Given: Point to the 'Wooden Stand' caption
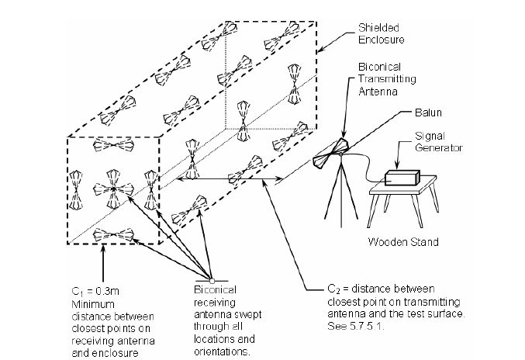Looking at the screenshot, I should [x=403, y=242].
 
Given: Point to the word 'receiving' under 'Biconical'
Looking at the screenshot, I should [x=210, y=300].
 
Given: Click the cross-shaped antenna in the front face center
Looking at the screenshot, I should [x=111, y=189].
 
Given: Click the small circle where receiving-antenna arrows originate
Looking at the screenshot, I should [x=212, y=279].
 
